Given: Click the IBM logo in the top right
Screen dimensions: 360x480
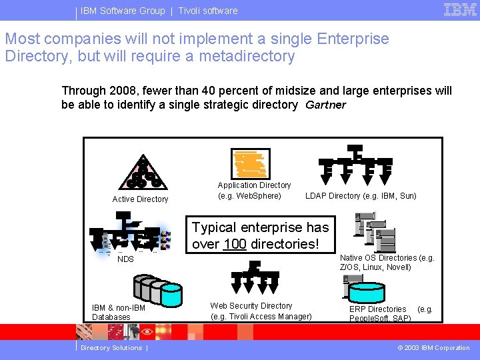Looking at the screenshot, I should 460,9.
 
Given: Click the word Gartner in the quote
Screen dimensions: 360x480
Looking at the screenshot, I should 326,105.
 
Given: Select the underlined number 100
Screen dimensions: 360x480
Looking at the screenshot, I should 235,244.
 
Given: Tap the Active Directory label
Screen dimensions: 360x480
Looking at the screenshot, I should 140,199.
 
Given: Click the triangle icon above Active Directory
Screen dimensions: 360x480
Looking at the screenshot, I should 141,174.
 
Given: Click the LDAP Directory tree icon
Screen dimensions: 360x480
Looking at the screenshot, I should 355,162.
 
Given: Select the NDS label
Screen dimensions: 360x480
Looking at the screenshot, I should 125,259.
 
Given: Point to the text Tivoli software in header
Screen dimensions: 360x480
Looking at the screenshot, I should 207,11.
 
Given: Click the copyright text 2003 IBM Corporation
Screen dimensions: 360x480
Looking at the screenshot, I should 433,348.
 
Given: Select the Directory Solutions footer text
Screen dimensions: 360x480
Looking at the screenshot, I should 111,348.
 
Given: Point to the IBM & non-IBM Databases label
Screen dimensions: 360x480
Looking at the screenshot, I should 119,313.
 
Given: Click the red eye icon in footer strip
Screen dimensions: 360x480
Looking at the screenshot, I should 147,331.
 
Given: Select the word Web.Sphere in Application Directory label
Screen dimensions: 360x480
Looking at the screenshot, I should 259,196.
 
